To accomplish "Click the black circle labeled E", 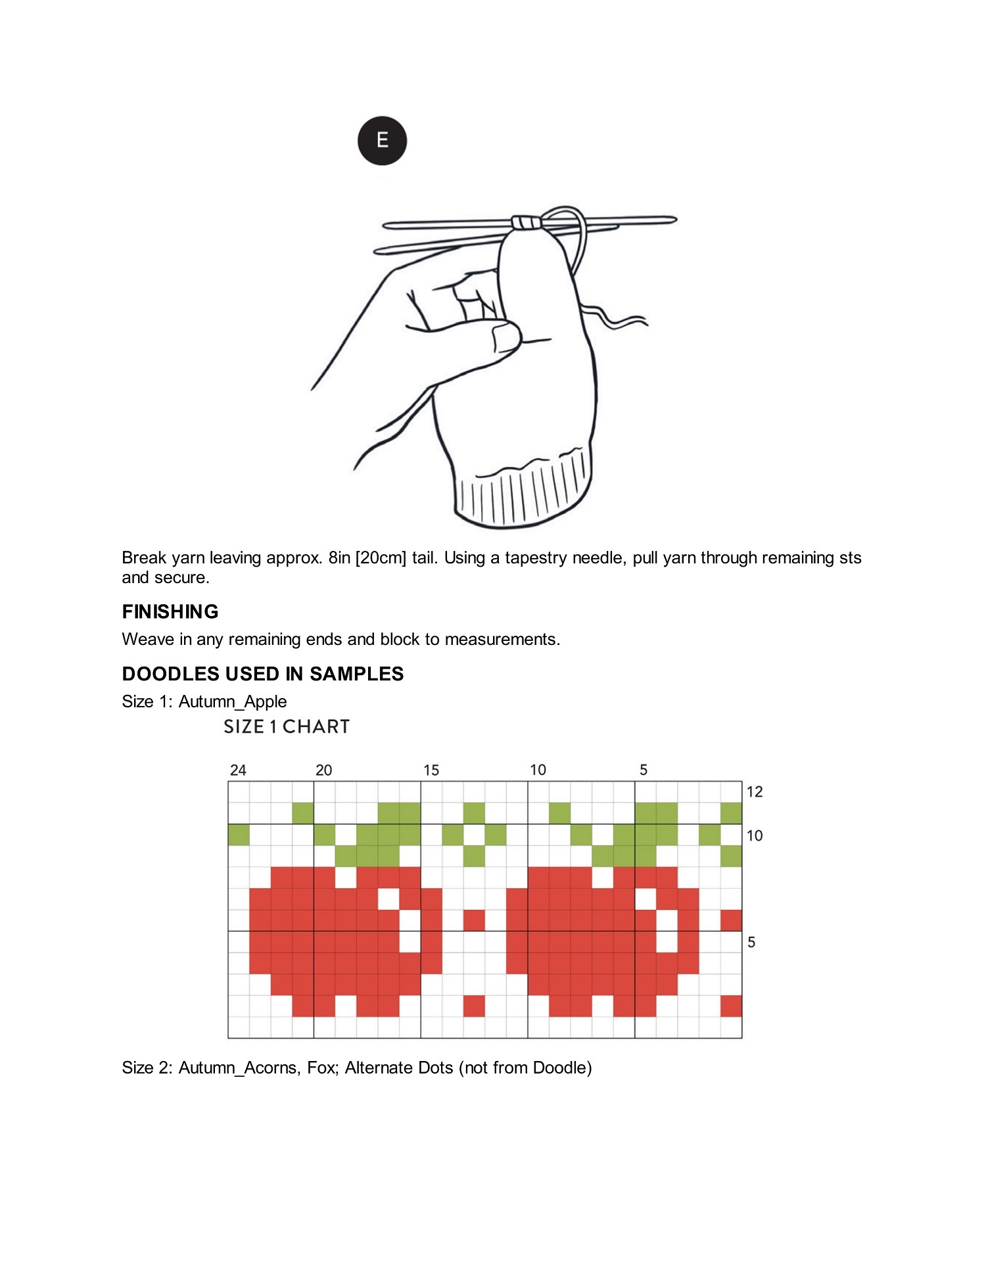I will tap(382, 141).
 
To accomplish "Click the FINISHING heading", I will tap(170, 611).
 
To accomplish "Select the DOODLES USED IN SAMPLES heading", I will tap(262, 674).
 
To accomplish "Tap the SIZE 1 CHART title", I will tap(287, 726).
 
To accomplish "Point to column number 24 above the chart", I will tap(238, 770).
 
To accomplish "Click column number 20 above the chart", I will tap(323, 770).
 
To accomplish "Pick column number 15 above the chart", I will tap(431, 770).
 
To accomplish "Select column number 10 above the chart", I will tap(538, 770).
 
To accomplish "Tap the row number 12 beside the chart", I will tap(755, 792).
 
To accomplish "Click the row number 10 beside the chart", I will tap(755, 836).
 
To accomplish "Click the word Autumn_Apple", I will tap(233, 701).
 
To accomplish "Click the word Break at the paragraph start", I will tap(143, 557).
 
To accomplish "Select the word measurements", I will tap(502, 639).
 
